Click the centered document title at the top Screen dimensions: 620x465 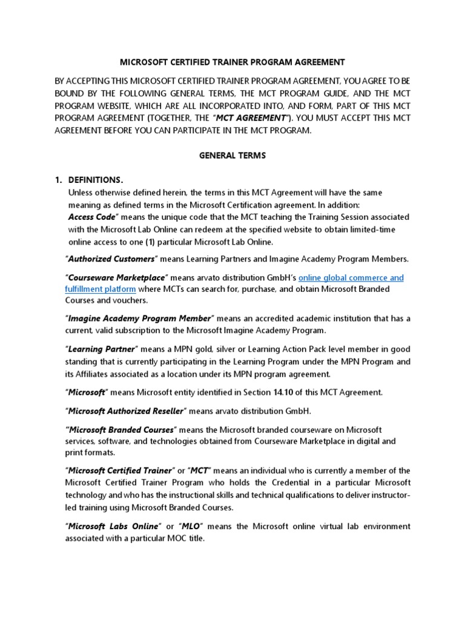[x=232, y=62]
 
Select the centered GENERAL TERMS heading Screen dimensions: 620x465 [x=232, y=156]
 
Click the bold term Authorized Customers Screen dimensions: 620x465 [x=112, y=259]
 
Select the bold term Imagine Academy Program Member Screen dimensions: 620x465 [x=139, y=318]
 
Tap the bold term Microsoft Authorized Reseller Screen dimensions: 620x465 [x=126, y=412]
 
